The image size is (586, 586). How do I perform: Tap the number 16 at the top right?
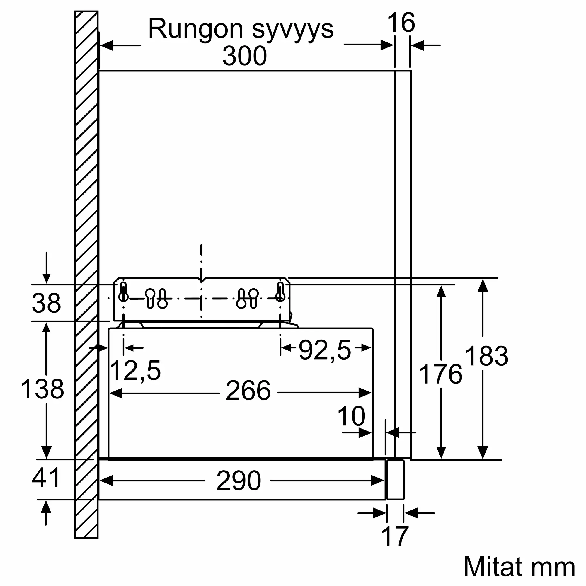pyautogui.click(x=401, y=23)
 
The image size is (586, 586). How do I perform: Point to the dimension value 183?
pyautogui.click(x=486, y=356)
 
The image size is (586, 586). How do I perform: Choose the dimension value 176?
pyautogui.click(x=440, y=374)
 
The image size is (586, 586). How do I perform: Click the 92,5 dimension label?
pyautogui.click(x=325, y=351)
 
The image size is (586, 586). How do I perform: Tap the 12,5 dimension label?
pyautogui.click(x=135, y=371)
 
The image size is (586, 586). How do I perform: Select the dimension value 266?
pyautogui.click(x=248, y=391)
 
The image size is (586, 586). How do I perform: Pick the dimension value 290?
pyautogui.click(x=239, y=481)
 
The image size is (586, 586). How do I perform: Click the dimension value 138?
pyautogui.click(x=42, y=389)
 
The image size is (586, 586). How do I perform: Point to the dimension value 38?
pyautogui.click(x=46, y=303)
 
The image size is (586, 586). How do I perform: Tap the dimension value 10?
pyautogui.click(x=351, y=416)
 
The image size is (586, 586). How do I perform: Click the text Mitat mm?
pyautogui.click(x=519, y=567)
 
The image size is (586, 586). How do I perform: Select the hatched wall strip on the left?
pyautogui.click(x=86, y=275)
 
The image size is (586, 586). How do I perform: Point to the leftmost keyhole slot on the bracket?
pyautogui.click(x=123, y=292)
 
